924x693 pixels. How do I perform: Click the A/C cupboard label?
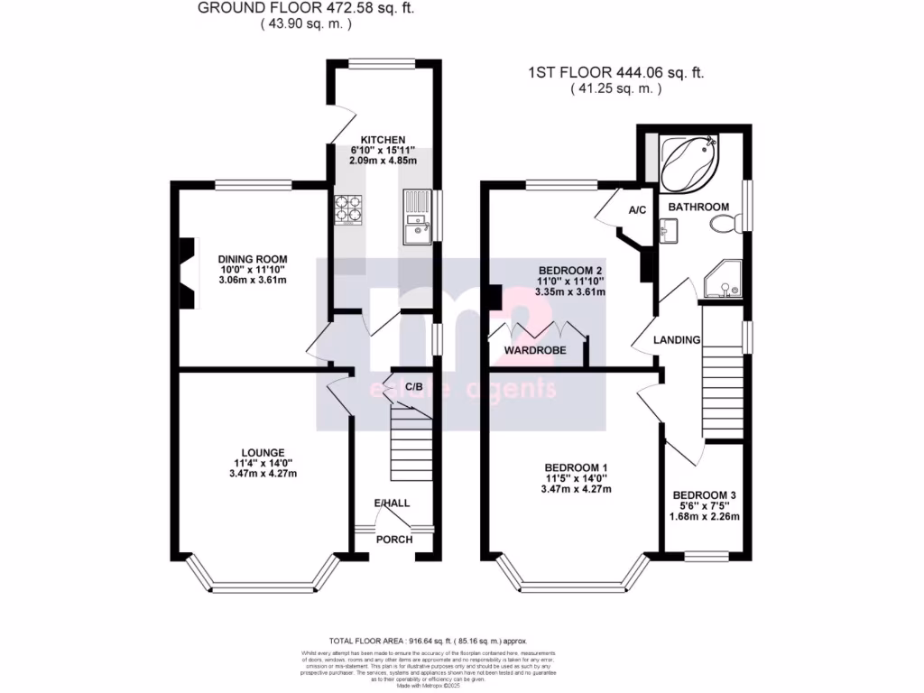click(637, 209)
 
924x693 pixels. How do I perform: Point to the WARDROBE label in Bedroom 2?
click(535, 349)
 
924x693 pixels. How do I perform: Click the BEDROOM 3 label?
click(705, 495)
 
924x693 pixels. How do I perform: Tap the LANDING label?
click(678, 340)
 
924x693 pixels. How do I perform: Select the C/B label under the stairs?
click(414, 387)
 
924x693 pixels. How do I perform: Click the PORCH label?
click(394, 540)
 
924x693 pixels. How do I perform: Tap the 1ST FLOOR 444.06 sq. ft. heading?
click(616, 74)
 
